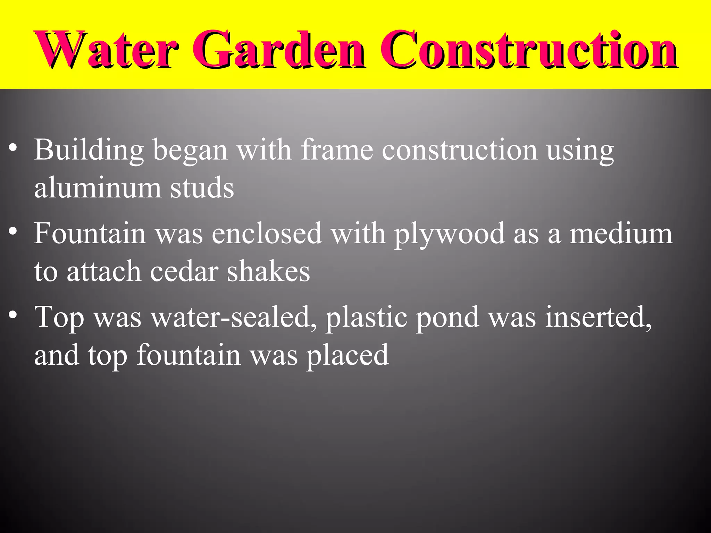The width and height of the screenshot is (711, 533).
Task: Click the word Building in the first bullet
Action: tap(89, 150)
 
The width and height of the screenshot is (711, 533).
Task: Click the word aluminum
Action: tap(98, 188)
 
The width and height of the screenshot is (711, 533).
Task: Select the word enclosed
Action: tap(267, 233)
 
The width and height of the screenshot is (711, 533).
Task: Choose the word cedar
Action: tap(184, 271)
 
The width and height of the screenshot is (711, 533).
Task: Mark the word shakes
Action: tap(268, 271)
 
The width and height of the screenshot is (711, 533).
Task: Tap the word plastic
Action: tap(366, 318)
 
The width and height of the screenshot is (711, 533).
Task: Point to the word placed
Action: tap(347, 356)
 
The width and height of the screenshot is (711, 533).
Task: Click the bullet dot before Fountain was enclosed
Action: tap(13, 231)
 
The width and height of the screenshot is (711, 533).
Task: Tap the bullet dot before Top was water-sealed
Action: tap(13, 314)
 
